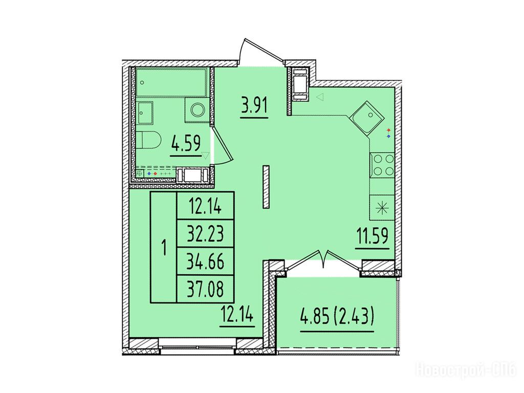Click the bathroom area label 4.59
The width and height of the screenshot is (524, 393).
click(x=185, y=144)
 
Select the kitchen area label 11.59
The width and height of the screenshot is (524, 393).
click(x=372, y=236)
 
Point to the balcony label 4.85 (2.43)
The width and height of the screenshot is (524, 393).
click(x=337, y=317)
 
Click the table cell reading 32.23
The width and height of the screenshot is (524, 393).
click(x=205, y=233)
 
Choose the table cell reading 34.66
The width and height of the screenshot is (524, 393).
click(x=205, y=261)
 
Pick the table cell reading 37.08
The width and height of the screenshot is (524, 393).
click(x=205, y=289)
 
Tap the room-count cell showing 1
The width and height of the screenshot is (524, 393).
click(x=164, y=247)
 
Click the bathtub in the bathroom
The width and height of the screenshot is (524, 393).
click(x=172, y=82)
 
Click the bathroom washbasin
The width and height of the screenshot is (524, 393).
click(x=144, y=113)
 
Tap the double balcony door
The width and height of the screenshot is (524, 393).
click(x=323, y=263)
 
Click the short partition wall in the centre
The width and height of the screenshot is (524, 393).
click(x=266, y=187)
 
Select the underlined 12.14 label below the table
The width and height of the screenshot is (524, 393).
click(x=237, y=315)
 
